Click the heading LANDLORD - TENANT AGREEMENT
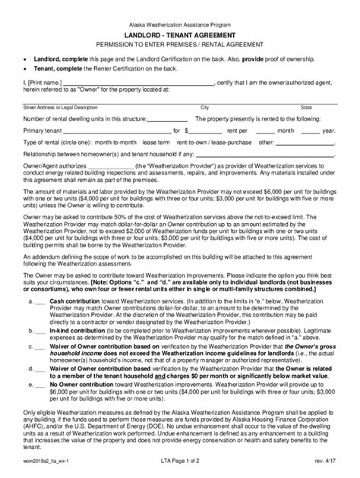pos(180,36)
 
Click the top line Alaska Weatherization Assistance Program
pos(180,24)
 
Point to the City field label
pos(204,108)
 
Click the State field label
pos(306,108)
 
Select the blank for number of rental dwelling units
pos(160,120)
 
